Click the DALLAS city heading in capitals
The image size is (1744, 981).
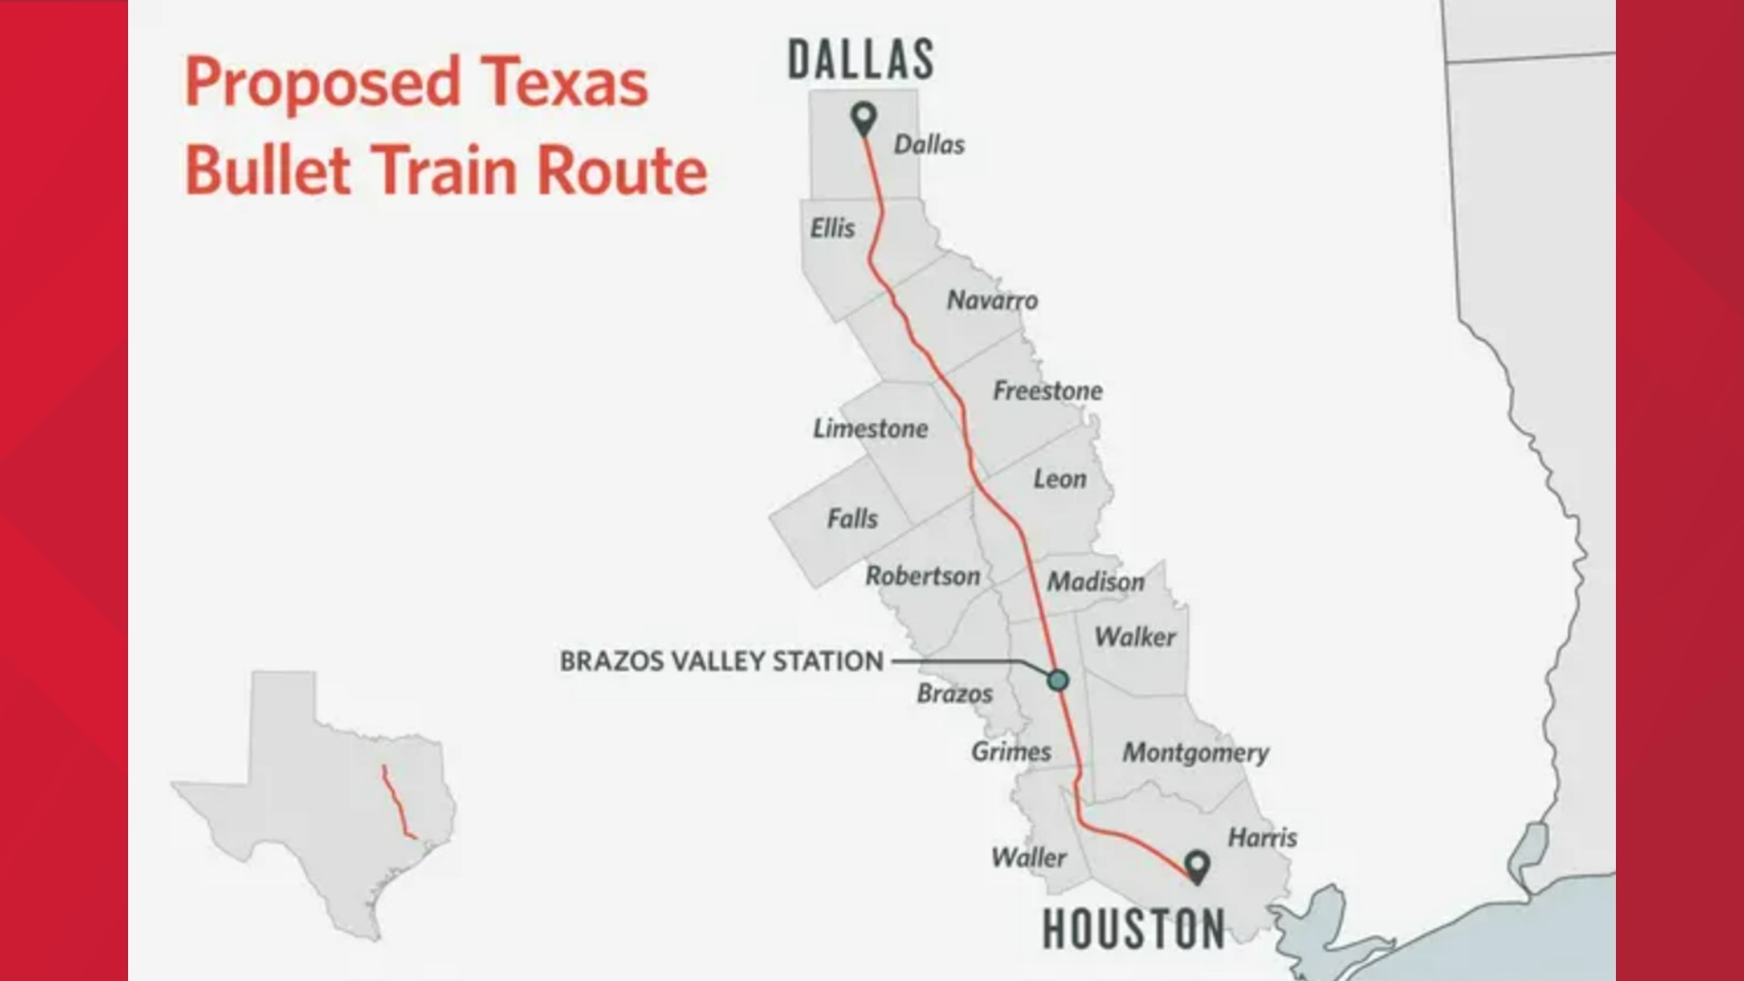pyautogui.click(x=860, y=61)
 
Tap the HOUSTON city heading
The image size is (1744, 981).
pyautogui.click(x=1133, y=929)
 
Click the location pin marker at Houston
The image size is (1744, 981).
pyautogui.click(x=1197, y=866)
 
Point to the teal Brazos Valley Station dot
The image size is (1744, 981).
pyautogui.click(x=1057, y=679)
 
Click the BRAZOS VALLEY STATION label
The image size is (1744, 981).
pyautogui.click(x=721, y=661)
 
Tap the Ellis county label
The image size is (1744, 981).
pyautogui.click(x=832, y=228)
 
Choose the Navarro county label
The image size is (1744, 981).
pyautogui.click(x=992, y=301)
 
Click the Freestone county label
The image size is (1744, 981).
pyautogui.click(x=1047, y=391)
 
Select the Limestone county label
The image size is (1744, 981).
pyautogui.click(x=870, y=429)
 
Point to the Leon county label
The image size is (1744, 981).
pyautogui.click(x=1059, y=479)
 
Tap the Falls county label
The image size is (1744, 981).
pyautogui.click(x=852, y=519)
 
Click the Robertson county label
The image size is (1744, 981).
pyautogui.click(x=922, y=576)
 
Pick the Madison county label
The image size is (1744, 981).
pyautogui.click(x=1095, y=581)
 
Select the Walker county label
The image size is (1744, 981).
pyautogui.click(x=1135, y=637)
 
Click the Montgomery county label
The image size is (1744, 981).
pyautogui.click(x=1195, y=753)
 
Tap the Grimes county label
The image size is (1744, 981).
pyautogui.click(x=1011, y=752)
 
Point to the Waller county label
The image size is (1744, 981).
pyautogui.click(x=1028, y=857)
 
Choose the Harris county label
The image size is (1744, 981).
pyautogui.click(x=1263, y=837)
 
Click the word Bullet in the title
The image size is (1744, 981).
pyautogui.click(x=268, y=171)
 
